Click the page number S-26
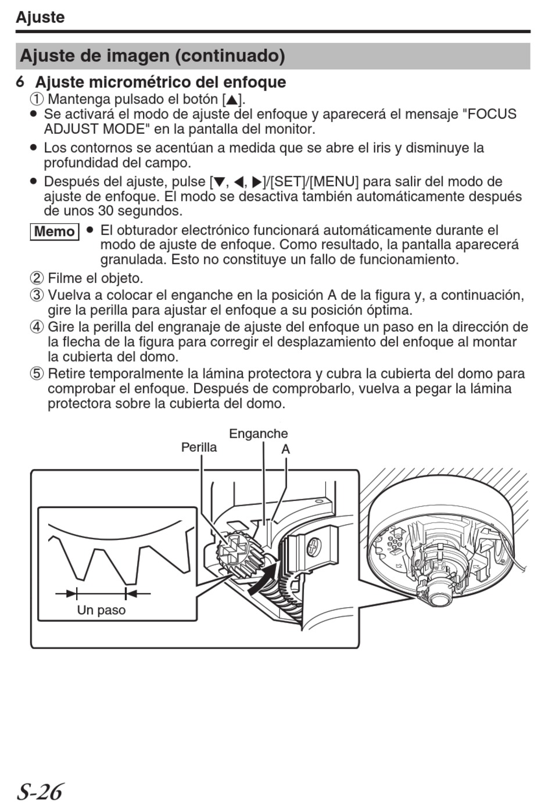tap(39, 791)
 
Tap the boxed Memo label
tap(54, 231)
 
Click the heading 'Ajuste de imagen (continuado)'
tap(152, 56)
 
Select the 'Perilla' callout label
tap(199, 447)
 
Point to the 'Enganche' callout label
tap(258, 434)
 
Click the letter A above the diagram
tap(285, 449)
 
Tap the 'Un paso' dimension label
tap(101, 610)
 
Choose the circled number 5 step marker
tap(37, 374)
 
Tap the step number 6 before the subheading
tap(20, 82)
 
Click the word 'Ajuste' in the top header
tap(40, 17)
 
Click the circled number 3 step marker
tap(37, 295)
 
